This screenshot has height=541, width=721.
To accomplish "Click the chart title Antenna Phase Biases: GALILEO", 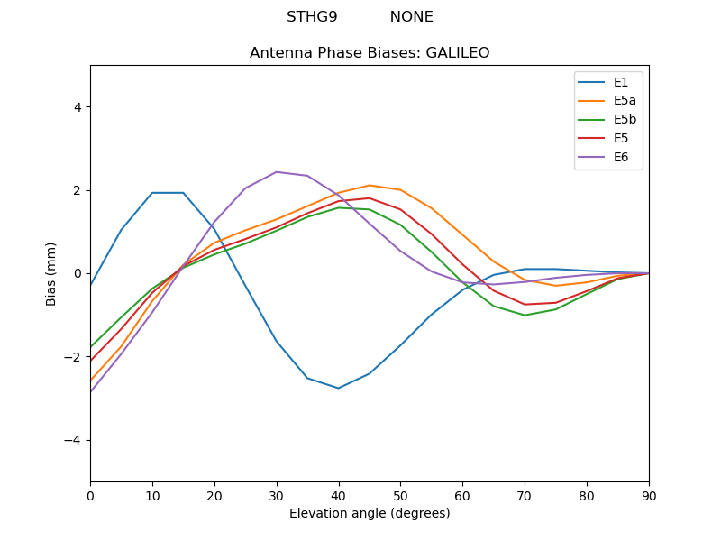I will tap(370, 53).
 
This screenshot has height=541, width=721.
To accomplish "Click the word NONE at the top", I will tap(411, 17).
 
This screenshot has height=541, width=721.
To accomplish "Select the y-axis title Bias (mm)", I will tap(51, 273).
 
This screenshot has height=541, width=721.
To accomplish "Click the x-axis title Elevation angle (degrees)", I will tap(370, 514).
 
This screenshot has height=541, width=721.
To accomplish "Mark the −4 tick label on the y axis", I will tap(73, 440).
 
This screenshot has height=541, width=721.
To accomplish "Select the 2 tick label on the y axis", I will tap(77, 190).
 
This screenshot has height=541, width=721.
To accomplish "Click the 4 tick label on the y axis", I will tap(77, 106).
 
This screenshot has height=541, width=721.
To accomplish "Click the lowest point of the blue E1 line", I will tap(339, 388).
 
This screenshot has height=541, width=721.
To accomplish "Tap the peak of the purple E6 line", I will tap(277, 172).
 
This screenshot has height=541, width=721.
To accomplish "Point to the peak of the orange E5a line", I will tap(370, 185).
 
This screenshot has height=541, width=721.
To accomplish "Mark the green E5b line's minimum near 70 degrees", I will tap(525, 315).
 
